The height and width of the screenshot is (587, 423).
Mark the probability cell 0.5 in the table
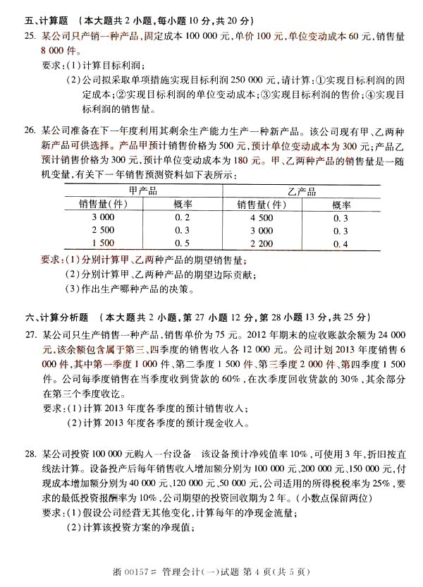[x=182, y=243]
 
